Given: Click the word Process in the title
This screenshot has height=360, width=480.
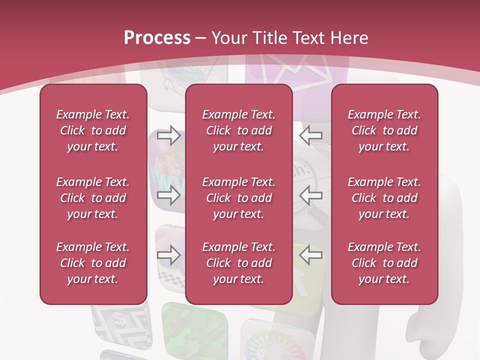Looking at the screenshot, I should pyautogui.click(x=157, y=37).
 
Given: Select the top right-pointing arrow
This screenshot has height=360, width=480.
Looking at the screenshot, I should pyautogui.click(x=169, y=135).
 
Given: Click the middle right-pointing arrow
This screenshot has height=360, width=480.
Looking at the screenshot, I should pyautogui.click(x=169, y=195).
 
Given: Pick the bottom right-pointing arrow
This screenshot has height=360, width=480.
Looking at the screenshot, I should pyautogui.click(x=169, y=255).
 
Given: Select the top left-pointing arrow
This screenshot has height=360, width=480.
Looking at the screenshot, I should pyautogui.click(x=311, y=135).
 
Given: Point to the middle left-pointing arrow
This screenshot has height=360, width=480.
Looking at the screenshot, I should pyautogui.click(x=311, y=195).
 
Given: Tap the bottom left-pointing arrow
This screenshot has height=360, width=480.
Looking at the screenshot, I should pyautogui.click(x=311, y=255).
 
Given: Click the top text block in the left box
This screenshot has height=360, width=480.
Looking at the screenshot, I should pyautogui.click(x=93, y=130).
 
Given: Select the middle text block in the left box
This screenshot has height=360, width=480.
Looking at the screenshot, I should pyautogui.click(x=93, y=198).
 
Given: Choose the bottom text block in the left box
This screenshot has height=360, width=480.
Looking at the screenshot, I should pyautogui.click(x=93, y=263).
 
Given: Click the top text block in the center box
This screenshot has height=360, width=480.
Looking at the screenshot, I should pyautogui.click(x=239, y=130).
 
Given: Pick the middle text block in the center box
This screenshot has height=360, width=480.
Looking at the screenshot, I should pyautogui.click(x=239, y=198).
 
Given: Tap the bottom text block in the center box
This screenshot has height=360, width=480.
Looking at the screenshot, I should pyautogui.click(x=239, y=263).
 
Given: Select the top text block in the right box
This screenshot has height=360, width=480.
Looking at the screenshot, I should pyautogui.click(x=384, y=130).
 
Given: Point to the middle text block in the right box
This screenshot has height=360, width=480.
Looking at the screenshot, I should pyautogui.click(x=384, y=198).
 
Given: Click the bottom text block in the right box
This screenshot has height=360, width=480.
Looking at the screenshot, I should pyautogui.click(x=384, y=263).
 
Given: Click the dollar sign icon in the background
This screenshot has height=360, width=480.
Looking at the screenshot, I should pyautogui.click(x=119, y=318).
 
